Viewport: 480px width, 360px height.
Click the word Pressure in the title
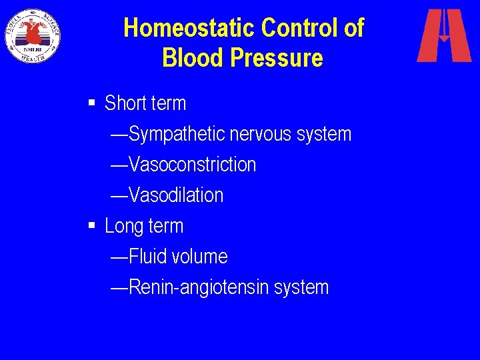[x=275, y=58]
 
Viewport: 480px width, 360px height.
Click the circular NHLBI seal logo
[x=32, y=35]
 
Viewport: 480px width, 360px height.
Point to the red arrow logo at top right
[x=444, y=35]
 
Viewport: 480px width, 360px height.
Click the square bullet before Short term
[x=92, y=103]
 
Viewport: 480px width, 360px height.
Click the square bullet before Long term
[x=92, y=225]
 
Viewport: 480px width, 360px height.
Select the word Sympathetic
[x=177, y=134]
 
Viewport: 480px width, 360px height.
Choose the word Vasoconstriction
[x=192, y=165]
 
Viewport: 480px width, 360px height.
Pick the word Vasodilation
[x=176, y=195]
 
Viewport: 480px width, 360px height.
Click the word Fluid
[x=145, y=257]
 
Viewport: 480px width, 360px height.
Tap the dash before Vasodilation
[x=119, y=195]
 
